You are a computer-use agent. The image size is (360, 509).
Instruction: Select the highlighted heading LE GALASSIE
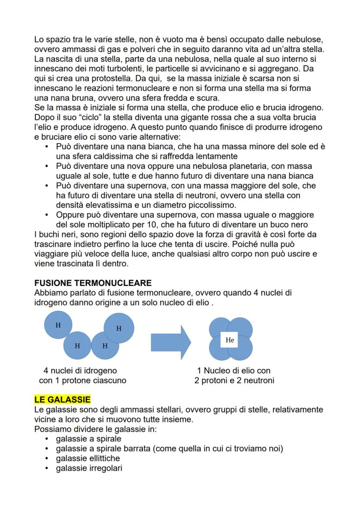[x=62, y=399]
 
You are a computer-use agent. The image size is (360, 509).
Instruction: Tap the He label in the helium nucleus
[x=230, y=340]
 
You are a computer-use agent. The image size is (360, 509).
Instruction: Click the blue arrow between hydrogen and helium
[x=171, y=340]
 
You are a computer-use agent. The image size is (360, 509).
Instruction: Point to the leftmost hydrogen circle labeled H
[x=58, y=326]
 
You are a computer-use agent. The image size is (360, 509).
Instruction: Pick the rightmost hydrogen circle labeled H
[x=119, y=329]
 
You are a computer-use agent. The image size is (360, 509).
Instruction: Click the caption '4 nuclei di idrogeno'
[x=80, y=371]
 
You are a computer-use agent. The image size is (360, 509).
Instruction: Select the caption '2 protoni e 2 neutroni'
[x=234, y=381]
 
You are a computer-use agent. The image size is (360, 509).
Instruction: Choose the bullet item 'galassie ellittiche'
[x=88, y=459]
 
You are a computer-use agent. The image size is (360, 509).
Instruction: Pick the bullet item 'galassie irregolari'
[x=89, y=468]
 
